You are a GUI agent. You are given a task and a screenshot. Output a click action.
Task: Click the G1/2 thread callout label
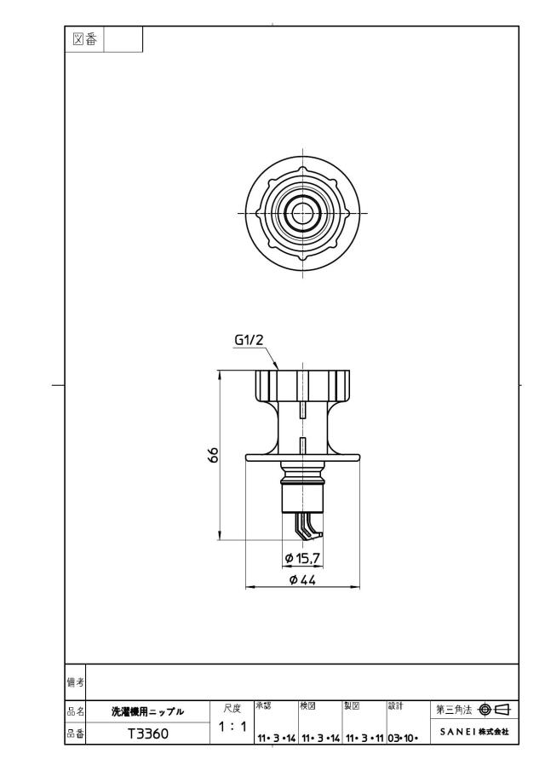(249, 339)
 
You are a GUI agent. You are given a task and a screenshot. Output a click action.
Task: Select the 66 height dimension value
(213, 455)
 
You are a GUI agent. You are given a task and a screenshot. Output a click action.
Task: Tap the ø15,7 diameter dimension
(303, 558)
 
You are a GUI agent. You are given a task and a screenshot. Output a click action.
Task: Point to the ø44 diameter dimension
(302, 580)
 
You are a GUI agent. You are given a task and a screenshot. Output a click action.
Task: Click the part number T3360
(147, 734)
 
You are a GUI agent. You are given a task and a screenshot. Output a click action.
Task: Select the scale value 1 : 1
(232, 726)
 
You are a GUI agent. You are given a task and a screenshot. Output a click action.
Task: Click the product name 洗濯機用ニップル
(147, 711)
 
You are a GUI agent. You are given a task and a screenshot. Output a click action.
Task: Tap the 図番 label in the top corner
(84, 39)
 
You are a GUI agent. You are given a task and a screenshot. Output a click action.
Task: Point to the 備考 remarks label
(75, 682)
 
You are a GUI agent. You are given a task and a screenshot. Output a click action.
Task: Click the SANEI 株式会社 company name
(474, 732)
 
